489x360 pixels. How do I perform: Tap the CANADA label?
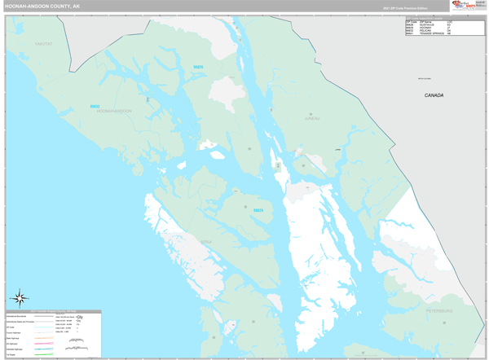[x=434, y=95]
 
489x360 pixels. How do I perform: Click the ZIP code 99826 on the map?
[x=198, y=66]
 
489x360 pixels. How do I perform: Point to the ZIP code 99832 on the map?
[x=95, y=106]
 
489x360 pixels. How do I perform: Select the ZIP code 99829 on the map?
[x=258, y=211]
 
